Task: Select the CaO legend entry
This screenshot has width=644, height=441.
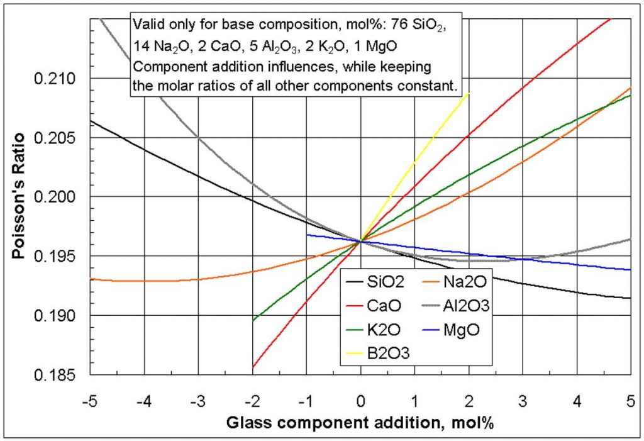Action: click(x=380, y=306)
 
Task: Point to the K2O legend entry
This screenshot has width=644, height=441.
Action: click(x=380, y=329)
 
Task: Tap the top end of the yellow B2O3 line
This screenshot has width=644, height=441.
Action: click(x=469, y=92)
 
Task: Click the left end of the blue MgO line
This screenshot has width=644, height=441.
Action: click(x=307, y=235)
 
